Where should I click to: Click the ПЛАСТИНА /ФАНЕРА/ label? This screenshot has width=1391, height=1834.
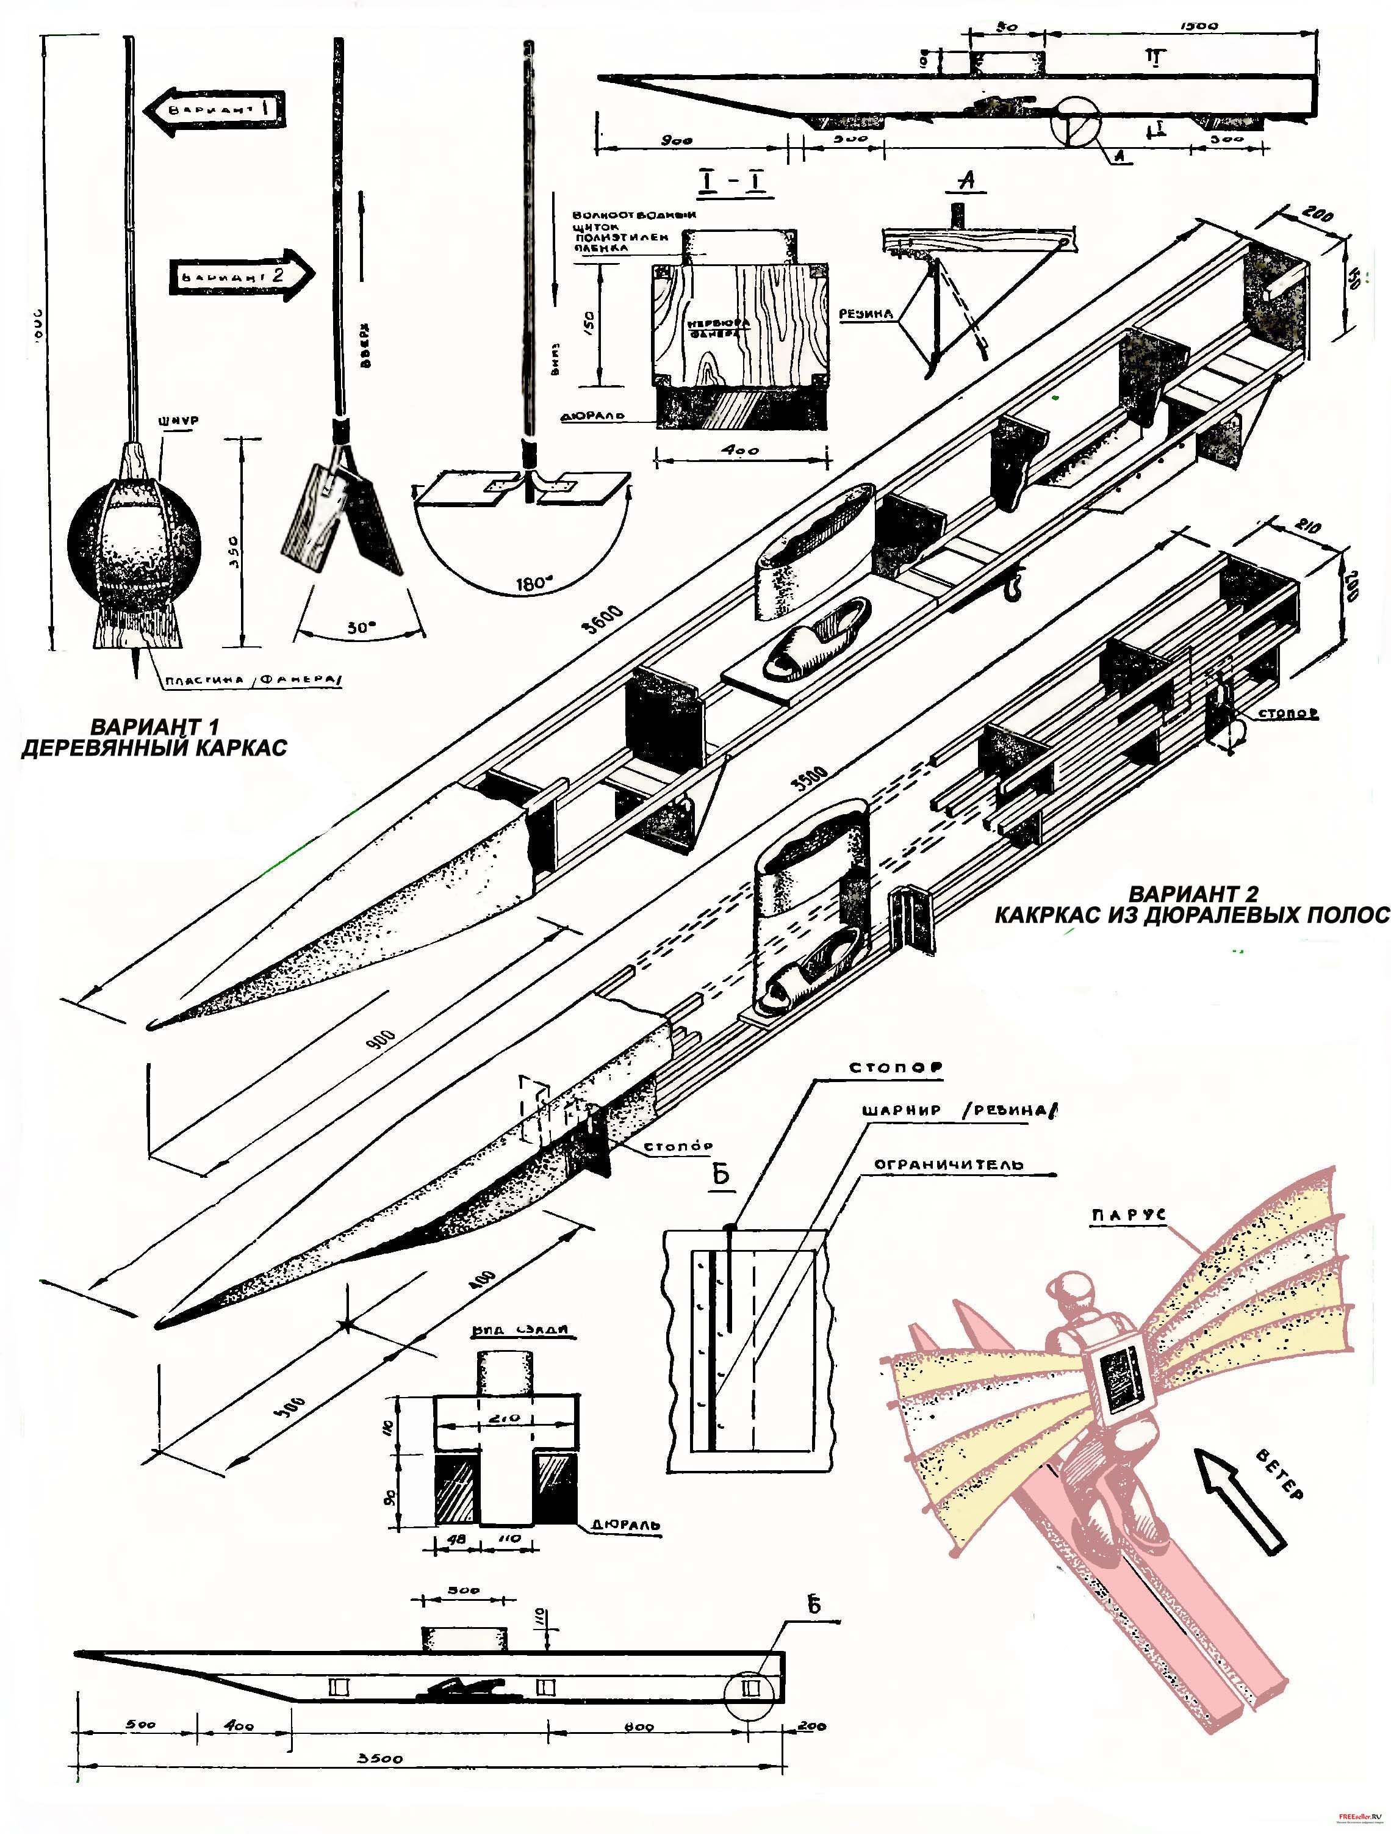[252, 680]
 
